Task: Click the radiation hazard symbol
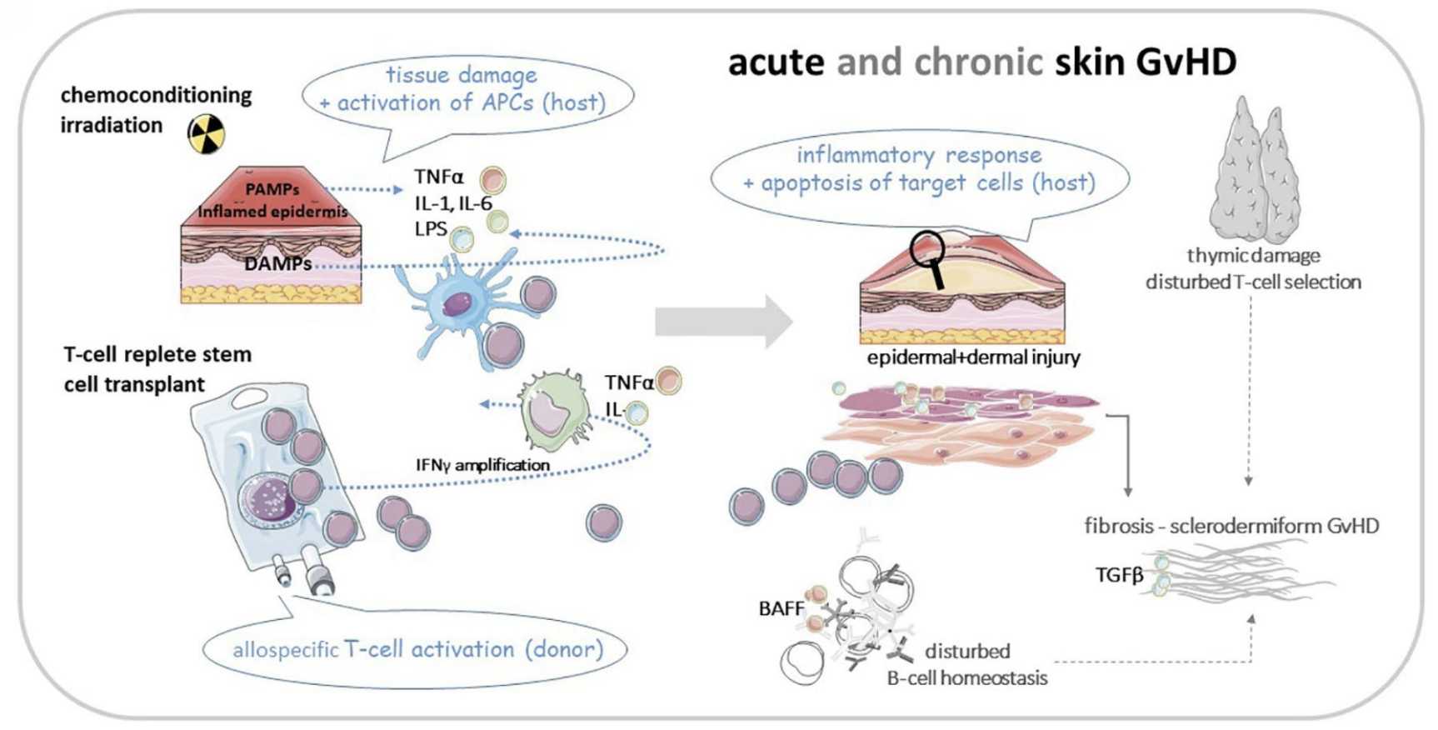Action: (206, 133)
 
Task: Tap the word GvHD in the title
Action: (1187, 62)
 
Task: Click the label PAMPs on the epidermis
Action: (272, 190)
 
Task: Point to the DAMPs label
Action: (277, 264)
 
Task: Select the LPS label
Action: (431, 229)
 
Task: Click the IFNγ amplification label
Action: (482, 464)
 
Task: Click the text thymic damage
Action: (1253, 256)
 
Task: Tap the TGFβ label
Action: (1119, 575)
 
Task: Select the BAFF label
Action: (781, 608)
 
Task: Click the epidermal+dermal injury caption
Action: (973, 357)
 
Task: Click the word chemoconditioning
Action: (156, 95)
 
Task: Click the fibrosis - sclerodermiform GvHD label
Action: (1231, 526)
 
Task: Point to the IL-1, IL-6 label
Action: (453, 203)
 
